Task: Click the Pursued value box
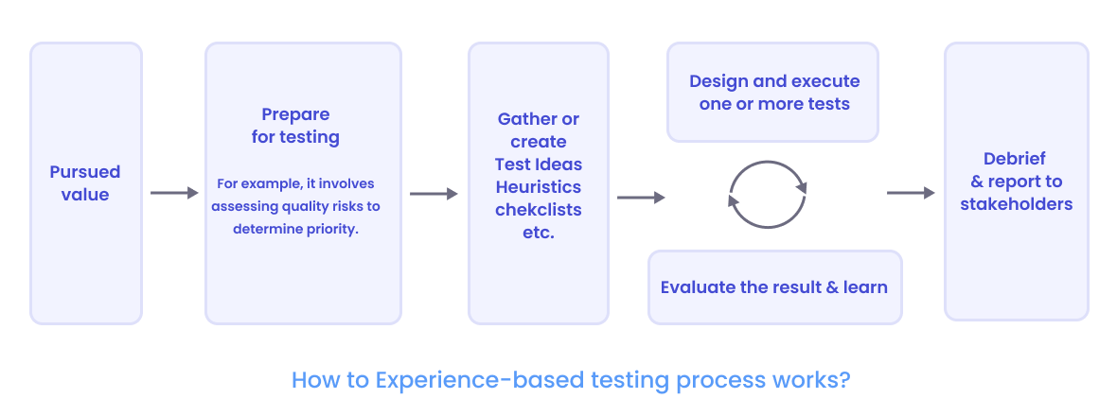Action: click(x=85, y=183)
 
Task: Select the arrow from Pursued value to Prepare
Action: click(x=174, y=193)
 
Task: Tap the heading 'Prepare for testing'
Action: click(x=295, y=126)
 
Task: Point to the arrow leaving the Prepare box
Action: click(x=433, y=193)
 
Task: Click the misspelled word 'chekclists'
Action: click(x=539, y=209)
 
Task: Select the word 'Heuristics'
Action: click(x=539, y=186)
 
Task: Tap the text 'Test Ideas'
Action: click(x=539, y=165)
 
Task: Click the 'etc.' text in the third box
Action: click(x=539, y=232)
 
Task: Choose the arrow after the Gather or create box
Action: click(x=641, y=197)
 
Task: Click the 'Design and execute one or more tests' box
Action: click(x=773, y=92)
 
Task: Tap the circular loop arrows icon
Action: click(x=767, y=195)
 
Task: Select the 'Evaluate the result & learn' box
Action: click(x=773, y=286)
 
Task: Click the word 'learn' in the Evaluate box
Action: click(x=866, y=286)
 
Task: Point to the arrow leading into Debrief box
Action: click(x=911, y=193)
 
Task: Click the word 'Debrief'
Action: click(x=1015, y=159)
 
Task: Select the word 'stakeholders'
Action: click(x=1016, y=203)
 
